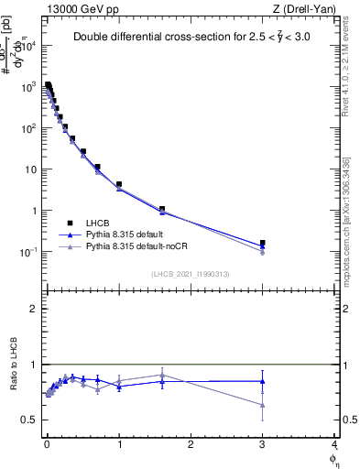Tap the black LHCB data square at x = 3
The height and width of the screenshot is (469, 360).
pyautogui.click(x=263, y=243)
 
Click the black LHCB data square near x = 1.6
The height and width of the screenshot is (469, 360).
pyautogui.click(x=162, y=209)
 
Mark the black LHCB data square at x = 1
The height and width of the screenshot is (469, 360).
pyautogui.click(x=119, y=184)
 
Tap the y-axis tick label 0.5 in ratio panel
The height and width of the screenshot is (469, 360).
pyautogui.click(x=30, y=420)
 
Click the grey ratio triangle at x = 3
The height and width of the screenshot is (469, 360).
pyautogui.click(x=263, y=404)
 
